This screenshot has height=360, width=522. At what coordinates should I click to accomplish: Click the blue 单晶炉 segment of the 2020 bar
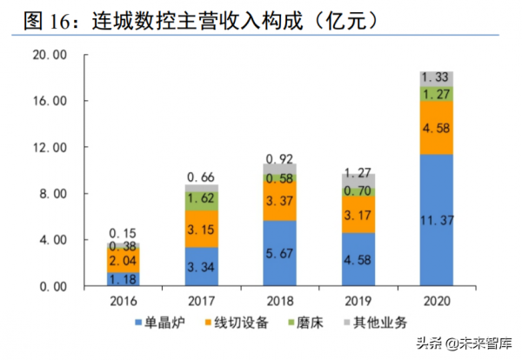pyautogui.click(x=435, y=220)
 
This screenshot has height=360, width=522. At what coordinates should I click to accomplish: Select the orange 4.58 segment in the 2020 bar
pyautogui.click(x=435, y=128)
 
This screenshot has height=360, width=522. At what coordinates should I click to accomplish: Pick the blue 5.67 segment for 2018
pyautogui.click(x=280, y=253)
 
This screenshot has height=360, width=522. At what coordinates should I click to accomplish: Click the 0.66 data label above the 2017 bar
pyautogui.click(x=202, y=177)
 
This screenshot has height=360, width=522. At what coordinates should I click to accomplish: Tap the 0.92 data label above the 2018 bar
pyautogui.click(x=280, y=157)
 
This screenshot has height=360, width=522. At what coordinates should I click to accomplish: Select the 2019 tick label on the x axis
pyautogui.click(x=358, y=300)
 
